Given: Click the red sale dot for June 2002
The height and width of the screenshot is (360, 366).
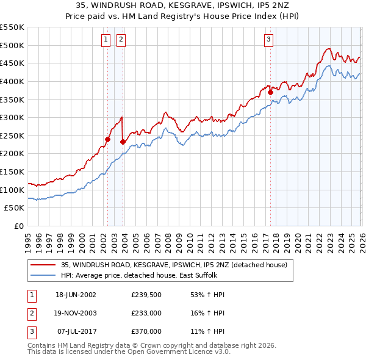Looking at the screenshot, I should click(x=108, y=139).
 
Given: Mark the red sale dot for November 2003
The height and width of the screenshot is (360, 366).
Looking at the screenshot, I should click(x=123, y=142).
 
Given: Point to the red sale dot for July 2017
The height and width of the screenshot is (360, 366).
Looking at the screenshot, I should click(x=270, y=92).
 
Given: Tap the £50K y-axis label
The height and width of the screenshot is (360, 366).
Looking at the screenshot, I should click(x=15, y=208).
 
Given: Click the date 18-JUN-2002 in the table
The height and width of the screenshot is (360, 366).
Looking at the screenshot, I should click(x=76, y=295).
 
